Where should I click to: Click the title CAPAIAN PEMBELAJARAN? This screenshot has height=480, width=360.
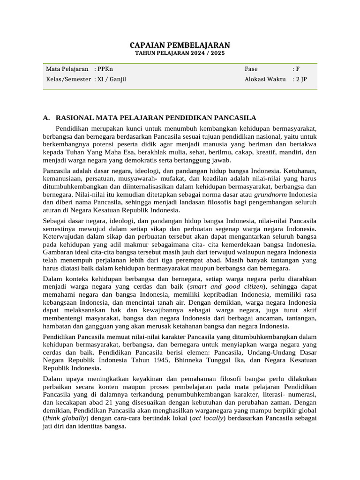click(x=180, y=45)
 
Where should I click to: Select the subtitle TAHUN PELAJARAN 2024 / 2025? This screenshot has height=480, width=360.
click(x=180, y=53)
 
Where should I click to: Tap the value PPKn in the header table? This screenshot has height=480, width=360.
click(x=105, y=69)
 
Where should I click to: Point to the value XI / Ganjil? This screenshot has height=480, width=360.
click(x=112, y=79)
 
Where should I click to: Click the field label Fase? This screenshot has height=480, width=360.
click(x=251, y=69)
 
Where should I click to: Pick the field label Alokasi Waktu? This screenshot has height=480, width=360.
click(x=265, y=79)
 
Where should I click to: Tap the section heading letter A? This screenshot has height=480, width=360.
click(x=46, y=118)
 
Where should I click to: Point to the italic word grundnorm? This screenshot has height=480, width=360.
click(x=270, y=194)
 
